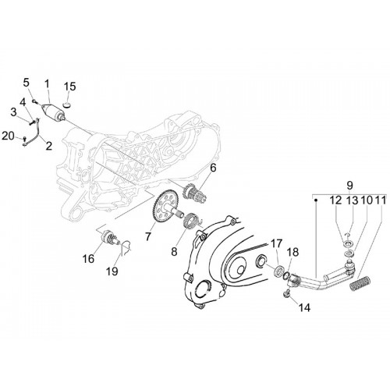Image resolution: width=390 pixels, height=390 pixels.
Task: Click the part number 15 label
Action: (x=69, y=87)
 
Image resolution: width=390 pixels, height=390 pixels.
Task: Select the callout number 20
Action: (x=8, y=136)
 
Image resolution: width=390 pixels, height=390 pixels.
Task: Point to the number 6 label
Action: (x=213, y=168)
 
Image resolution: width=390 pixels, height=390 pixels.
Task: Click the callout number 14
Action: (x=304, y=308)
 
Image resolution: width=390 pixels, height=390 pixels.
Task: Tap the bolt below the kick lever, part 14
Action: (x=286, y=294)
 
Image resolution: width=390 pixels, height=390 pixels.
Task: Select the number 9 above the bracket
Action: (x=349, y=186)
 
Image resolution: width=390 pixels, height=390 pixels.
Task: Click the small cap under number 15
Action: (x=67, y=105)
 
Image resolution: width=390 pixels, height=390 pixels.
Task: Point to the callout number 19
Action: (x=112, y=271)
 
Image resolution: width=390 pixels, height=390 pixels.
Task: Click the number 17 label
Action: (x=276, y=243)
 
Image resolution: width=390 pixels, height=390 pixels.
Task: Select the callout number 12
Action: (x=335, y=200)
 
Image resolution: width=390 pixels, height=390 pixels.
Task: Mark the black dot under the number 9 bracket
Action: (x=316, y=200)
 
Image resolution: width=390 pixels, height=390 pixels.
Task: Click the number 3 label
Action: (x=13, y=112)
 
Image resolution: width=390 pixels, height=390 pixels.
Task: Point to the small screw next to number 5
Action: (x=34, y=101)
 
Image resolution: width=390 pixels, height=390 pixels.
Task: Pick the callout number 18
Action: (x=293, y=252)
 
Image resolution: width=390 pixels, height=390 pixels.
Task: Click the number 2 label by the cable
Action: (x=48, y=146)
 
